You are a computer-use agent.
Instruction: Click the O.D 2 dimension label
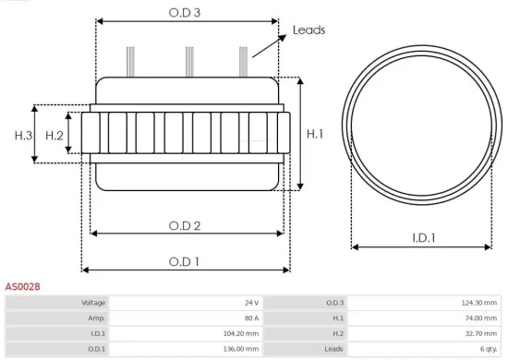tap(185, 226)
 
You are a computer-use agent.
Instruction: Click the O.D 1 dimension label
tap(185, 262)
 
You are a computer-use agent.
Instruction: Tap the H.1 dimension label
tap(315, 134)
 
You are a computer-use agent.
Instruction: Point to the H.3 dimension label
tap(23, 136)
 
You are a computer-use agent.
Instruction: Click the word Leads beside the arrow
tap(308, 30)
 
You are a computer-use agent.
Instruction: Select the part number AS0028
tap(22, 287)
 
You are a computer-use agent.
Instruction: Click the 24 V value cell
tap(251, 303)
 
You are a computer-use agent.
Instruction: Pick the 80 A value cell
tap(250, 318)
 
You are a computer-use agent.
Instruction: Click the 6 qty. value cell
tap(487, 349)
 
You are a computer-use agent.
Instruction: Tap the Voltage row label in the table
tap(93, 303)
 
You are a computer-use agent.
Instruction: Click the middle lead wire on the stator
tap(189, 61)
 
